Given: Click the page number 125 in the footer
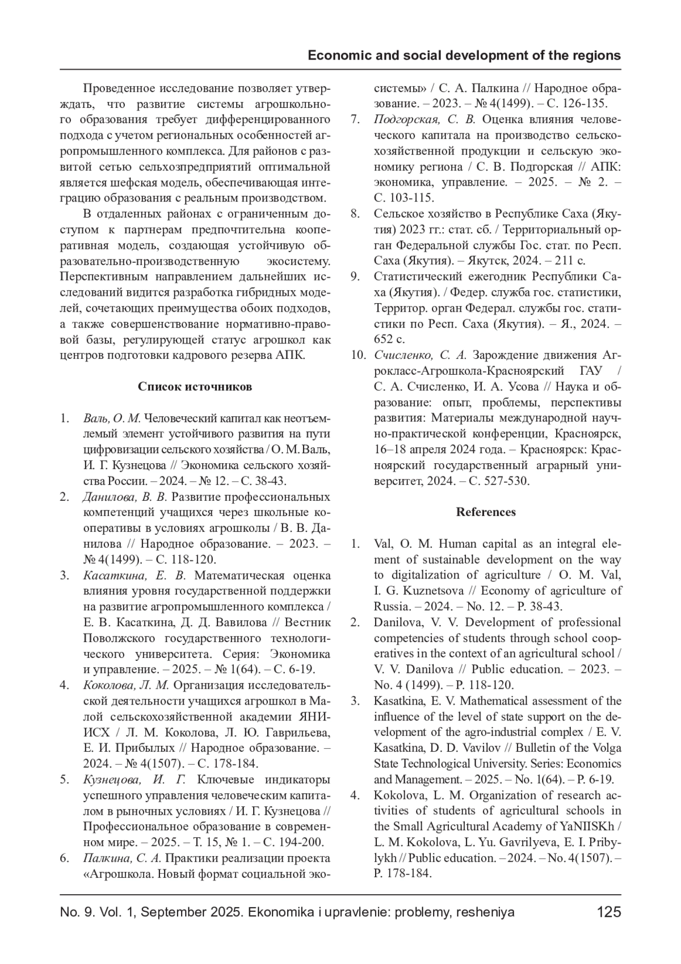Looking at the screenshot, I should coord(609,912).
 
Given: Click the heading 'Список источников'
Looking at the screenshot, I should coord(195,387).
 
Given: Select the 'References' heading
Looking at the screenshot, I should coord(486,512).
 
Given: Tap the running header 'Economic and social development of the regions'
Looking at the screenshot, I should coord(464,56).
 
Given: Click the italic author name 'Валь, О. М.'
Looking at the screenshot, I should coord(111,418).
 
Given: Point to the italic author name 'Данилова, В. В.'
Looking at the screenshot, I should coord(125,497).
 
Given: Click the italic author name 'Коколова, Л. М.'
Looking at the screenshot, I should coord(126,685).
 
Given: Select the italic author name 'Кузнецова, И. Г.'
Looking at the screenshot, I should coord(134,779).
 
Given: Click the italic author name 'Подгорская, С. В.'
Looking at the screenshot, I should coord(424,119).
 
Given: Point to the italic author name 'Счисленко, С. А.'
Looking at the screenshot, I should coord(420,355).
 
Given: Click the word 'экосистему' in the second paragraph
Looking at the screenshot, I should coord(298,261).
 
